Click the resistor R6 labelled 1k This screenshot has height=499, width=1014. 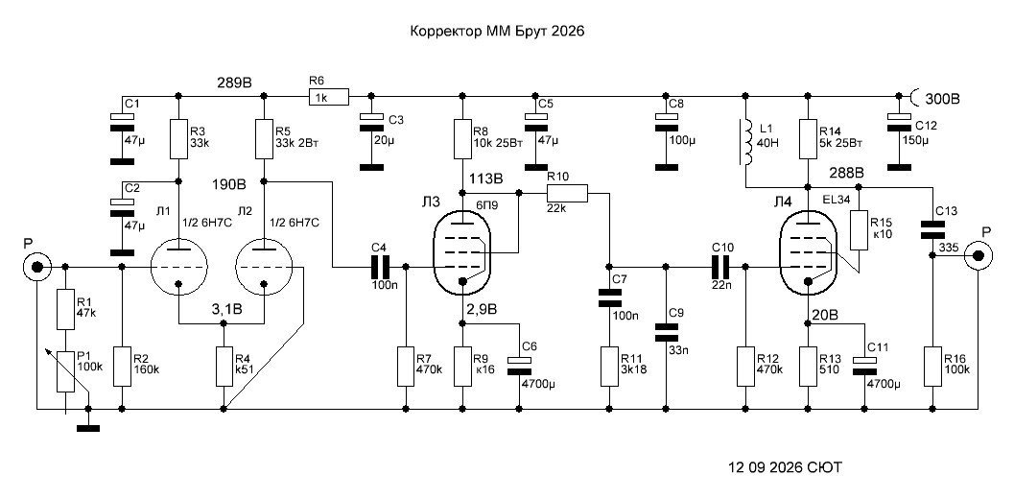328,97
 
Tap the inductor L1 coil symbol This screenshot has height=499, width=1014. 747,142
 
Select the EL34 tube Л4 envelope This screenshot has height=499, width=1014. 809,252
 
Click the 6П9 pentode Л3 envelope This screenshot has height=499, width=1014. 461,252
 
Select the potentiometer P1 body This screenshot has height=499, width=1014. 65,371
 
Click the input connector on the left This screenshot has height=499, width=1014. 36,267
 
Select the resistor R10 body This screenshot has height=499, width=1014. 567,193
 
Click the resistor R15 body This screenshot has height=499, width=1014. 859,229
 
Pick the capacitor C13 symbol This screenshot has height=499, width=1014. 931,229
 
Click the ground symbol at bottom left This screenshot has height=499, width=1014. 88,428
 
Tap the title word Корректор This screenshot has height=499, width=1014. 446,32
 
